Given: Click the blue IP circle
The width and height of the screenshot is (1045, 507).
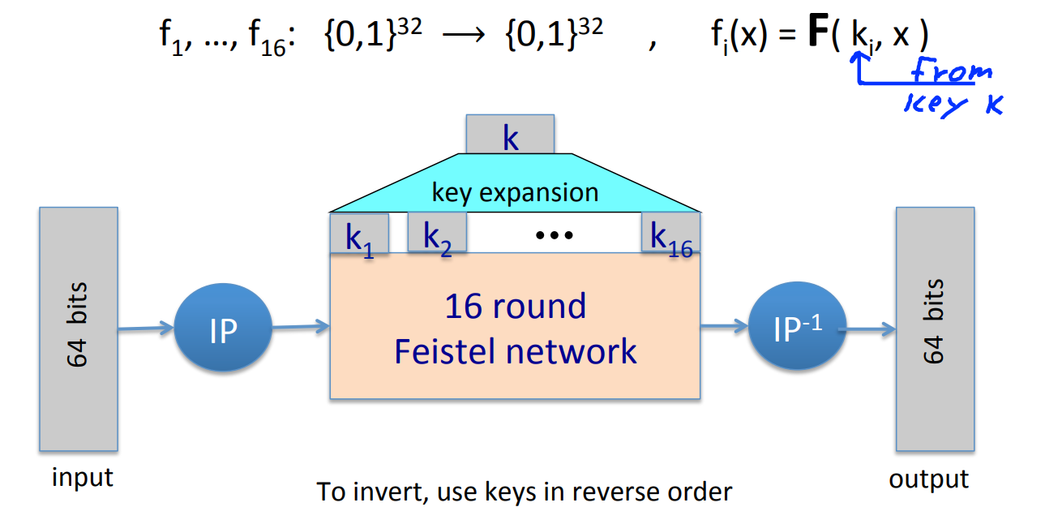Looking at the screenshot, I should [223, 329].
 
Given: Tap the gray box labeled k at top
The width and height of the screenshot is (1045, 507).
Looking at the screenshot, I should [510, 135].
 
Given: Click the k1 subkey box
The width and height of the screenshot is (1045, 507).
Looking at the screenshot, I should [359, 234].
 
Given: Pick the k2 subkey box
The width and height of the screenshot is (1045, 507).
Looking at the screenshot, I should [437, 234].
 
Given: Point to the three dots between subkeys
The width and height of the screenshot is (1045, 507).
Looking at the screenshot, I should [555, 235].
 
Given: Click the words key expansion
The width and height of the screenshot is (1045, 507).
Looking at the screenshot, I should [515, 193].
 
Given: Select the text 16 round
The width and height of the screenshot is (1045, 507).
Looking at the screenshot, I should [515, 307].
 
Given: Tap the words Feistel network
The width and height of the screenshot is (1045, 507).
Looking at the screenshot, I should [515, 351].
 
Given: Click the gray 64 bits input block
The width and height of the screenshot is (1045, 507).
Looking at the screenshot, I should [79, 329].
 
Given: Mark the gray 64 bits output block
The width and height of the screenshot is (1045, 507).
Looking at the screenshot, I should [934, 329].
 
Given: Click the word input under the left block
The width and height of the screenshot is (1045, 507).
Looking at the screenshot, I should [82, 478].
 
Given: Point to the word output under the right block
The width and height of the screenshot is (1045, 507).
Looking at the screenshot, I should [928, 479].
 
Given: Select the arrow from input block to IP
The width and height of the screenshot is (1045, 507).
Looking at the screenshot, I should [146, 329].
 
